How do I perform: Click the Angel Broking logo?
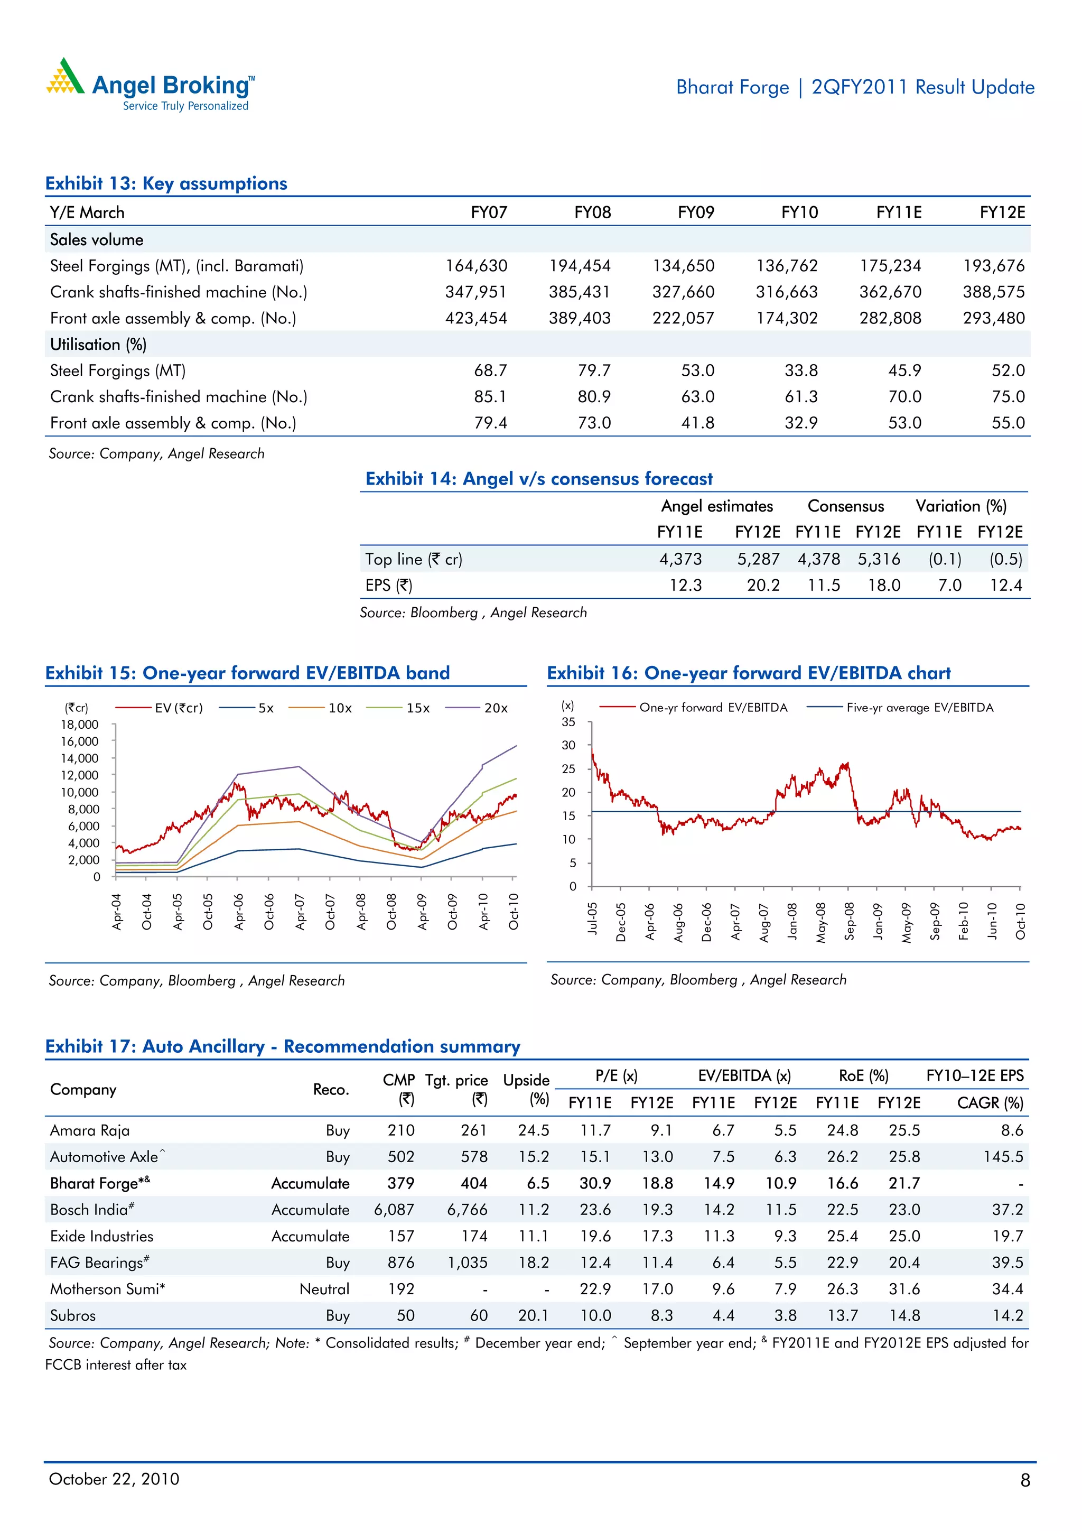(x=150, y=85)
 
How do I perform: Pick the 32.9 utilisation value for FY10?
(x=800, y=423)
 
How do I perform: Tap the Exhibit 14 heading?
(x=539, y=479)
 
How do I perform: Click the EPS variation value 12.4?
(x=1005, y=586)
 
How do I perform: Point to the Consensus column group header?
(x=845, y=506)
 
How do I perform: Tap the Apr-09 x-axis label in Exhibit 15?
(x=422, y=912)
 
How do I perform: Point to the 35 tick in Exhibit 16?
(x=568, y=722)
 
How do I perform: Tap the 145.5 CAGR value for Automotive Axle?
(x=1003, y=1157)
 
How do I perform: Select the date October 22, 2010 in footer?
(x=114, y=1479)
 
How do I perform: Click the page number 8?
(x=1024, y=1480)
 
